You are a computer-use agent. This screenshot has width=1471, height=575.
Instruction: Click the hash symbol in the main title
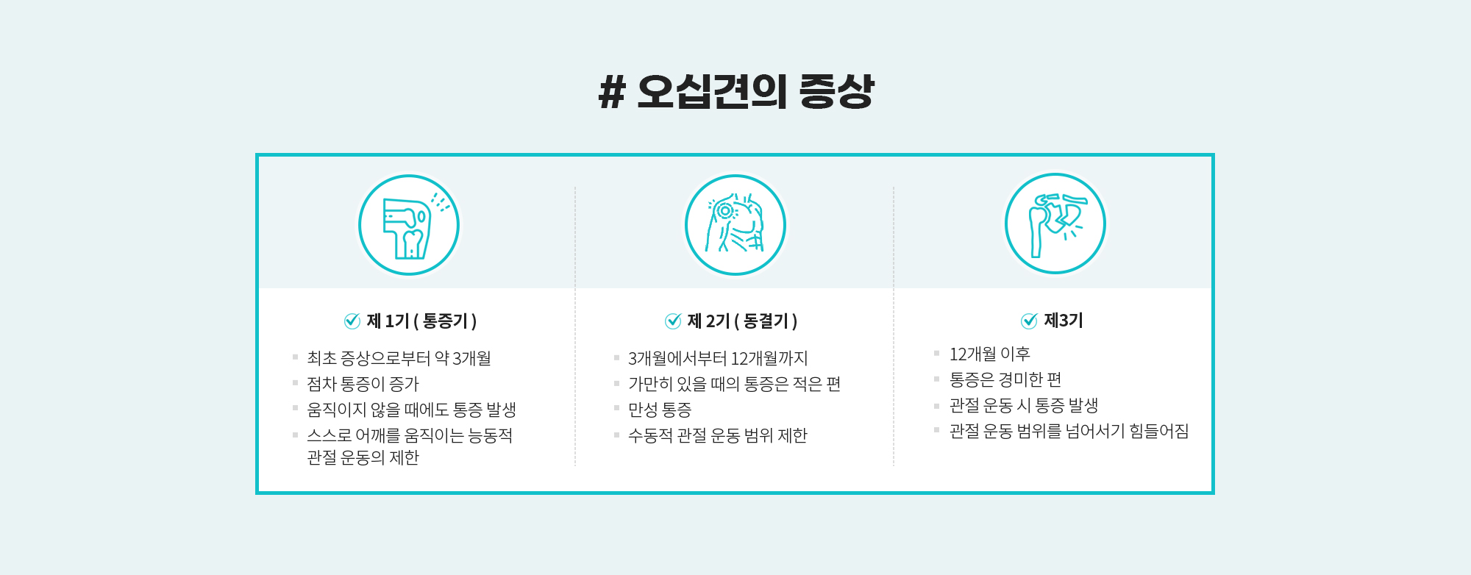(x=612, y=93)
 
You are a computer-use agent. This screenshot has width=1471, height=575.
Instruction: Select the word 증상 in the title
(x=837, y=92)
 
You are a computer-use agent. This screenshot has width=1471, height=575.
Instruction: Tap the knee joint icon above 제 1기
(x=409, y=225)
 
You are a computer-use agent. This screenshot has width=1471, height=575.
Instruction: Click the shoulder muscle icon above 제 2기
(x=735, y=225)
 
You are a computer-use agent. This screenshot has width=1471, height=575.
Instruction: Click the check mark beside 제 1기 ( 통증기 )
(x=352, y=321)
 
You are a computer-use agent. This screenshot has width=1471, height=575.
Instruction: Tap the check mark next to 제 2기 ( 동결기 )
(x=673, y=321)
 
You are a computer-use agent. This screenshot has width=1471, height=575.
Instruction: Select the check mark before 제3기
(x=1029, y=321)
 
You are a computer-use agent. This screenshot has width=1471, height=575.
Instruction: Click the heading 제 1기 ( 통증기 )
(x=421, y=321)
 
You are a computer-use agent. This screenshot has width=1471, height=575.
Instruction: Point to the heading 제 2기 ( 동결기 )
(x=742, y=321)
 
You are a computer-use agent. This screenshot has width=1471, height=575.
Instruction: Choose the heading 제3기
(x=1064, y=321)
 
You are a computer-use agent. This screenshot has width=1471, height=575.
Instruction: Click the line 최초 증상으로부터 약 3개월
(x=399, y=358)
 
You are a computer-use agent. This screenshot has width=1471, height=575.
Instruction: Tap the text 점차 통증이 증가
(x=363, y=384)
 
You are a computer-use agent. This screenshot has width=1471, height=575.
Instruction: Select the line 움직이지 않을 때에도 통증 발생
(x=411, y=410)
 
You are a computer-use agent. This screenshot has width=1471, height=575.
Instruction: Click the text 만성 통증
(x=660, y=410)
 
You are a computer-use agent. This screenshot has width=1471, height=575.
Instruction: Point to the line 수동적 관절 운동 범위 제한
(x=718, y=435)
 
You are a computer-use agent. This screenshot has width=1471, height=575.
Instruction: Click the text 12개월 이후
(x=990, y=354)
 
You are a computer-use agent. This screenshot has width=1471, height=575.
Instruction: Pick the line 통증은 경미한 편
(x=1005, y=379)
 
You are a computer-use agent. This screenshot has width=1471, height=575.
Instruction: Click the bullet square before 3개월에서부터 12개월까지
(x=616, y=357)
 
